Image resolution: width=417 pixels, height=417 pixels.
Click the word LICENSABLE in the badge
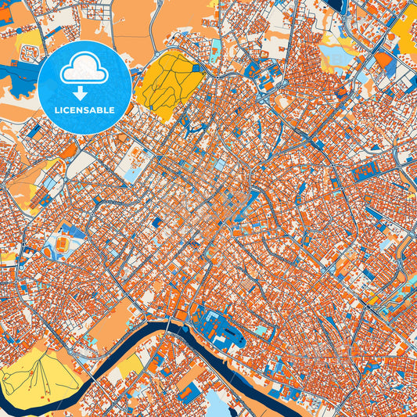84,110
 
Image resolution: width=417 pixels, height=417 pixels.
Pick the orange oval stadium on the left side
61,247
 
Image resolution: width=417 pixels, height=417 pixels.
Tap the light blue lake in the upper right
338,56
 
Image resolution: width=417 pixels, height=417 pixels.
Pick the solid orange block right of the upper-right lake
383,59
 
